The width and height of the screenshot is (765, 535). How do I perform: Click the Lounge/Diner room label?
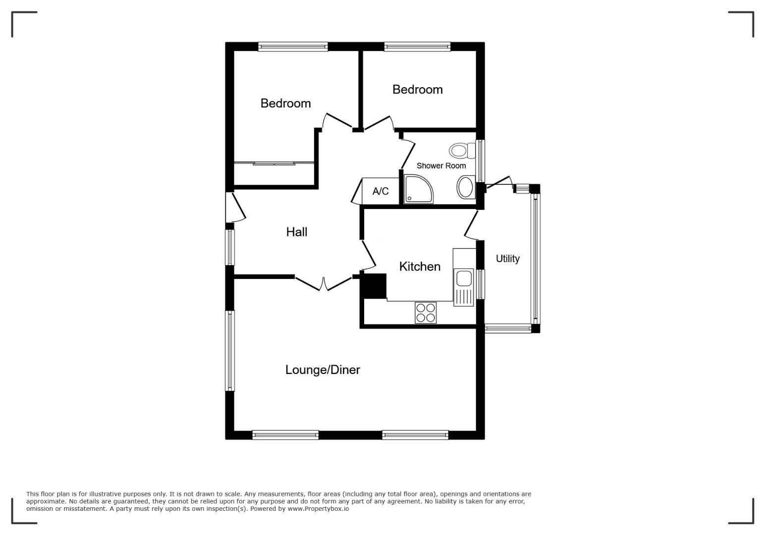(323, 370)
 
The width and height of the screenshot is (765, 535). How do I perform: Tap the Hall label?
(296, 232)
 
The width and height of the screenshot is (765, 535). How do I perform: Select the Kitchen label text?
(420, 267)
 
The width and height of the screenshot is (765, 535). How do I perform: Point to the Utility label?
(508, 259)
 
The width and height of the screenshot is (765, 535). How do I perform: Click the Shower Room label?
(441, 166)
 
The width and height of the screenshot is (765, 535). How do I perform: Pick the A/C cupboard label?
(381, 191)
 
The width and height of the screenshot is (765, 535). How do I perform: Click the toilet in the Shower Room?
(462, 151)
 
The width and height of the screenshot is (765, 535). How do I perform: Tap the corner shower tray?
(418, 189)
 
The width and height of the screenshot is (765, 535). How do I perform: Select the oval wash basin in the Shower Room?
(466, 187)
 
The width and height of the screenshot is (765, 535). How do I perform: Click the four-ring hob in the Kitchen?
(426, 313)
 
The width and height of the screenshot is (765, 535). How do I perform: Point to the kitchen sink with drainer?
(463, 287)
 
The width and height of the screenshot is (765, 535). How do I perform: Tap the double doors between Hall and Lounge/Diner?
(324, 284)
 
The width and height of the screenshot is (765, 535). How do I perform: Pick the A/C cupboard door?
(357, 192)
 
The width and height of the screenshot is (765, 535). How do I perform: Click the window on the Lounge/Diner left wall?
(230, 351)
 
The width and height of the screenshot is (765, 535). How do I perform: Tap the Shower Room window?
(480, 161)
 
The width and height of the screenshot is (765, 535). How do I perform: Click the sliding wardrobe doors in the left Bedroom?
(274, 163)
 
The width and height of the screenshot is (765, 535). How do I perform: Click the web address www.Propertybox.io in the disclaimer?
(318, 509)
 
